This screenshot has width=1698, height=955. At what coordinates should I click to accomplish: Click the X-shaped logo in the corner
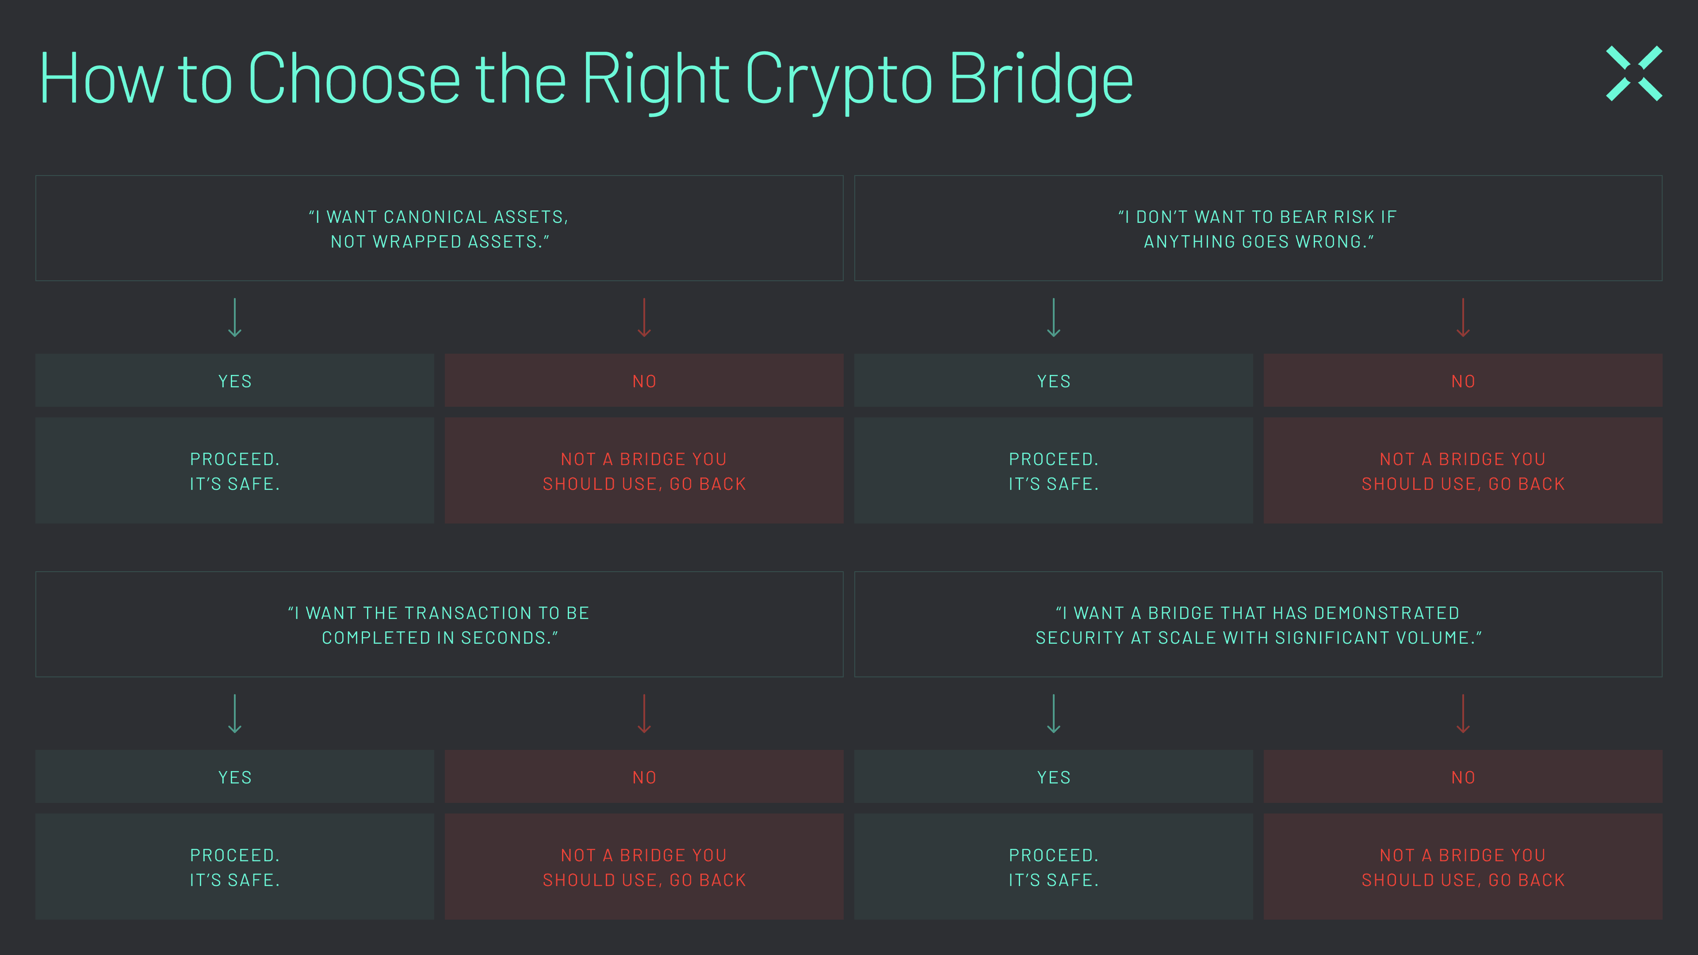click(x=1633, y=73)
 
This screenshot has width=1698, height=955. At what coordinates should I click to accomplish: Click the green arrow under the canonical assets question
click(x=235, y=318)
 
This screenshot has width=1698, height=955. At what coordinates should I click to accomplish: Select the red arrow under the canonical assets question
click(x=644, y=318)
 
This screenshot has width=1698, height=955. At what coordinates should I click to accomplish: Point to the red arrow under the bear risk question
click(x=1463, y=318)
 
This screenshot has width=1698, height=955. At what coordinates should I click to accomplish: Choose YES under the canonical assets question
click(x=235, y=381)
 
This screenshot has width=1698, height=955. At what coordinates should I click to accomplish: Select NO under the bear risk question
click(x=1463, y=381)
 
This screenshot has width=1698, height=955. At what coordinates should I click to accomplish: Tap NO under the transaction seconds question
click(x=644, y=777)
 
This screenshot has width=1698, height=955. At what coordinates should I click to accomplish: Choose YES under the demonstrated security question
click(x=1053, y=777)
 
